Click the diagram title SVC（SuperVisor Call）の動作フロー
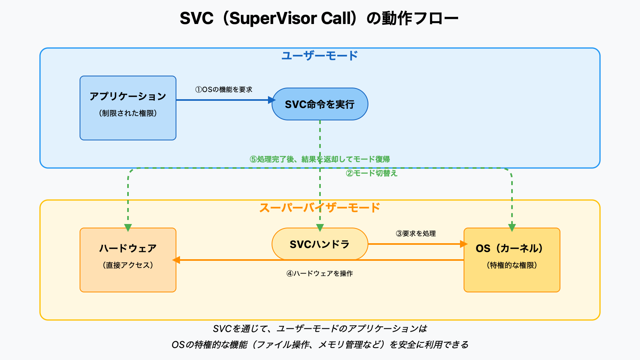click(x=319, y=18)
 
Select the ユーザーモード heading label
click(x=319, y=56)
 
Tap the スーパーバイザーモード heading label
click(x=319, y=208)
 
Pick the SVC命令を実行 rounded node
click(x=319, y=104)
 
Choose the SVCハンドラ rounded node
click(x=319, y=244)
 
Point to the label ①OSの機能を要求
click(x=224, y=90)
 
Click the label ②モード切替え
click(x=372, y=173)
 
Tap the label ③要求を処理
click(x=416, y=234)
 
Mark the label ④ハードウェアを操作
click(x=319, y=274)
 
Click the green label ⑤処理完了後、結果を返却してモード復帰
click(x=319, y=159)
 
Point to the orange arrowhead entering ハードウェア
click(x=176, y=260)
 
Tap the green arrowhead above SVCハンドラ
click(x=320, y=228)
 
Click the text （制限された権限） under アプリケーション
click(x=128, y=113)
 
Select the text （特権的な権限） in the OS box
click(x=512, y=265)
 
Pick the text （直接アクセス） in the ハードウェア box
click(x=128, y=265)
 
